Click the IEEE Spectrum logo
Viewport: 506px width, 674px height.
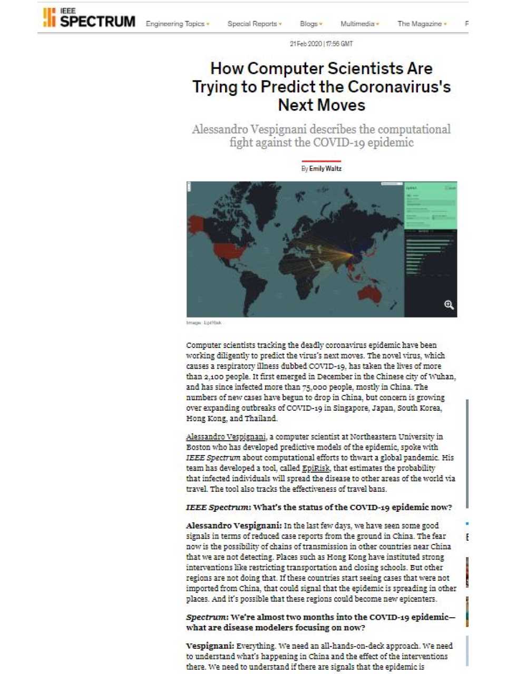[89, 18]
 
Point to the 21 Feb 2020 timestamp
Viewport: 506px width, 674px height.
[321, 44]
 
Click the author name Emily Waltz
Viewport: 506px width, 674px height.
[325, 168]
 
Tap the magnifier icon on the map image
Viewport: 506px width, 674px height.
[449, 305]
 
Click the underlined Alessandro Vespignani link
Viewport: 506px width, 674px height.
[226, 437]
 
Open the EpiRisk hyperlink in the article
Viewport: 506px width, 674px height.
[316, 468]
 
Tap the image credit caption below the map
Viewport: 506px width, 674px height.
[203, 323]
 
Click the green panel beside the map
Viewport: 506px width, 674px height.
[430, 205]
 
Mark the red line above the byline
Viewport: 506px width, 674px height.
[321, 161]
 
